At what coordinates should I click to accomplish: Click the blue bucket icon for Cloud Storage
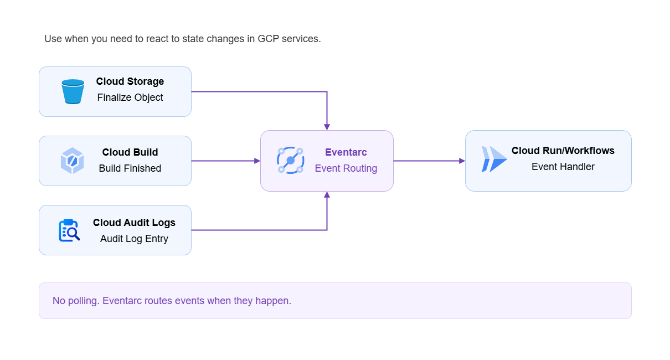(x=73, y=91)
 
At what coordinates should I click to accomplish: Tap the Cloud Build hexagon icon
(x=72, y=161)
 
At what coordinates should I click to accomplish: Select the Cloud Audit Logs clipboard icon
(x=69, y=230)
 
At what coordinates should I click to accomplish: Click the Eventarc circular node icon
(x=291, y=161)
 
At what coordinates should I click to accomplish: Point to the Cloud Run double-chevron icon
(x=494, y=159)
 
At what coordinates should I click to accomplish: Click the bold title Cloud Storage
(x=130, y=81)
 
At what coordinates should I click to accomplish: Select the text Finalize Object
(x=130, y=97)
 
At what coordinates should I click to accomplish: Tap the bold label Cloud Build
(x=130, y=152)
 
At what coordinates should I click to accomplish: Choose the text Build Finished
(x=130, y=168)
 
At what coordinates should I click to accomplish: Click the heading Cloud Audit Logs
(x=134, y=223)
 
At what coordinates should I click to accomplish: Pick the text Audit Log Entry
(x=134, y=239)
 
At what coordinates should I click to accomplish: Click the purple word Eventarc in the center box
(x=346, y=152)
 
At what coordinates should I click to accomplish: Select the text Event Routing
(x=346, y=168)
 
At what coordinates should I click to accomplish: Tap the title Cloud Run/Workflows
(x=563, y=151)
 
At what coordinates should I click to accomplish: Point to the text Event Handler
(x=563, y=167)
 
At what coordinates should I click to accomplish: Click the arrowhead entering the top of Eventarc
(x=327, y=127)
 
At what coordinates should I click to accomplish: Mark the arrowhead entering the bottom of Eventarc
(x=327, y=195)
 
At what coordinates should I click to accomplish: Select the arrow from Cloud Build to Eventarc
(x=226, y=161)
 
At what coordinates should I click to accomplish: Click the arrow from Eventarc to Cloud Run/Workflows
(x=429, y=161)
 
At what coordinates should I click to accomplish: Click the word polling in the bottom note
(x=84, y=301)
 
